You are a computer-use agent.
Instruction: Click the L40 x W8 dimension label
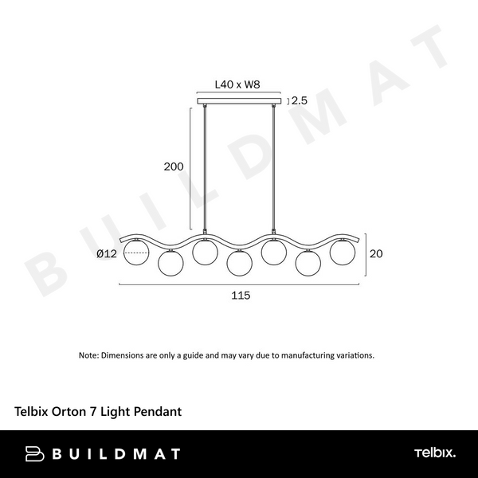pyautogui.click(x=239, y=83)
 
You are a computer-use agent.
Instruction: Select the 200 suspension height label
pyautogui.click(x=174, y=167)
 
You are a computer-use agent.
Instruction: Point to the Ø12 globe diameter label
pyautogui.click(x=107, y=254)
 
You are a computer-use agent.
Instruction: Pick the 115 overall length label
pyautogui.click(x=241, y=295)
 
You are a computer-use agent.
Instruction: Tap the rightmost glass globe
pyautogui.click(x=343, y=252)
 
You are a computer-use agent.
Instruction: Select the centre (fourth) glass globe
pyautogui.click(x=239, y=262)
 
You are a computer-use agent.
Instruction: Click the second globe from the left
pyautogui.click(x=170, y=262)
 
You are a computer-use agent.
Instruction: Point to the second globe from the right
pyautogui.click(x=308, y=262)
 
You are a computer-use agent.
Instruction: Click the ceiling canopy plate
pyautogui.click(x=239, y=100)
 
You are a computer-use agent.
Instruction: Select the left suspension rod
pyautogui.click(x=205, y=171)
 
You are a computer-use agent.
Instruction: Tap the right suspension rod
pyautogui.click(x=275, y=171)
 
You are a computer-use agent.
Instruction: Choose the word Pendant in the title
pyautogui.click(x=157, y=412)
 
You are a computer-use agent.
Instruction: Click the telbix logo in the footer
pyautogui.click(x=434, y=453)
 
